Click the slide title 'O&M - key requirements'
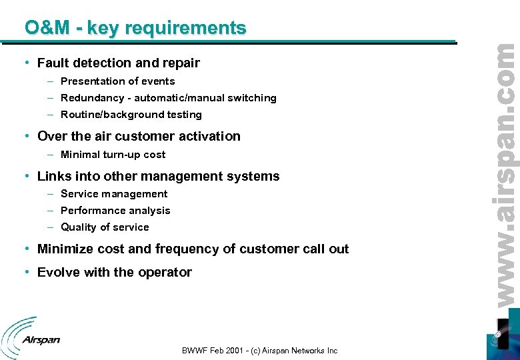click(135, 28)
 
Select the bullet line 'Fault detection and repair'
click(119, 63)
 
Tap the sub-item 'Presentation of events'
click(117, 81)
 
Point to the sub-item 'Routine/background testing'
click(131, 115)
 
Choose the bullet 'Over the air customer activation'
click(139, 136)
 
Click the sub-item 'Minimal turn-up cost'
click(113, 155)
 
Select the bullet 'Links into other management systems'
click(158, 177)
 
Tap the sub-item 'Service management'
click(114, 194)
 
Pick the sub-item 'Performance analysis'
click(115, 211)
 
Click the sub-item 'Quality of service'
click(105, 227)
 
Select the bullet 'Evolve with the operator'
click(114, 273)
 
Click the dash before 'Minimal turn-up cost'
click(51, 155)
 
